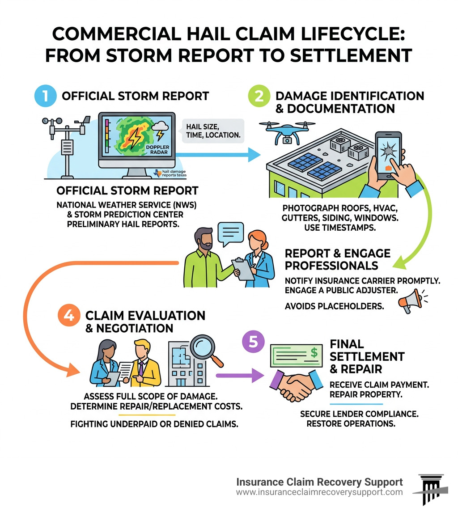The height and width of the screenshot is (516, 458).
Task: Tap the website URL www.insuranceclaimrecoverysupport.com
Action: pyautogui.click(x=319, y=492)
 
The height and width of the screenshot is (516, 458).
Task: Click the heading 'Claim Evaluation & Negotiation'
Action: pyautogui.click(x=145, y=321)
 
